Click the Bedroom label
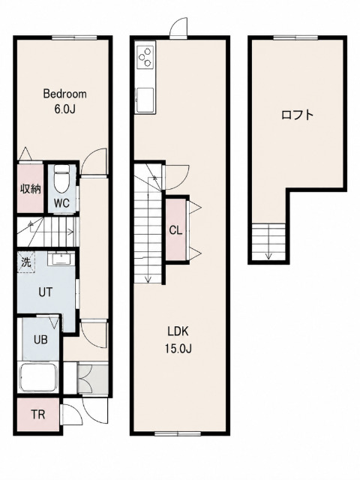click(x=65, y=94)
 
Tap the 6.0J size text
click(x=65, y=109)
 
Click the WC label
click(x=62, y=202)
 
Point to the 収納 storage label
click(x=30, y=189)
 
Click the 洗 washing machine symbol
click(x=26, y=262)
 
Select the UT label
click(x=46, y=292)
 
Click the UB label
click(x=40, y=340)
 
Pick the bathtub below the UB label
click(x=38, y=378)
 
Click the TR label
click(x=38, y=415)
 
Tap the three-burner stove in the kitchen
click(x=145, y=57)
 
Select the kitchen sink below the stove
click(x=145, y=100)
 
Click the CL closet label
click(x=175, y=230)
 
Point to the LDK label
click(x=178, y=331)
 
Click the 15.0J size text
click(x=178, y=348)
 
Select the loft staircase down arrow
click(x=268, y=241)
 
